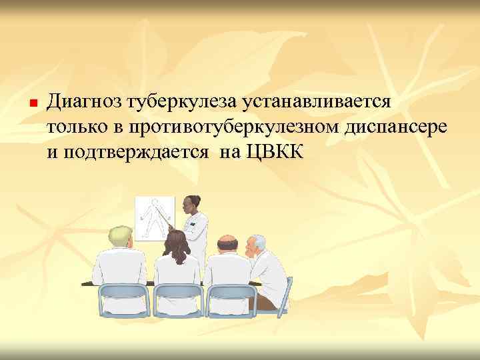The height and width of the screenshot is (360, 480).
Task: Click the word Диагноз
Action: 87,102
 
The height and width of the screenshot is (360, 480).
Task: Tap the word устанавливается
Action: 319,102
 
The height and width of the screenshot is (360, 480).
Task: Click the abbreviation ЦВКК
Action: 275,152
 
